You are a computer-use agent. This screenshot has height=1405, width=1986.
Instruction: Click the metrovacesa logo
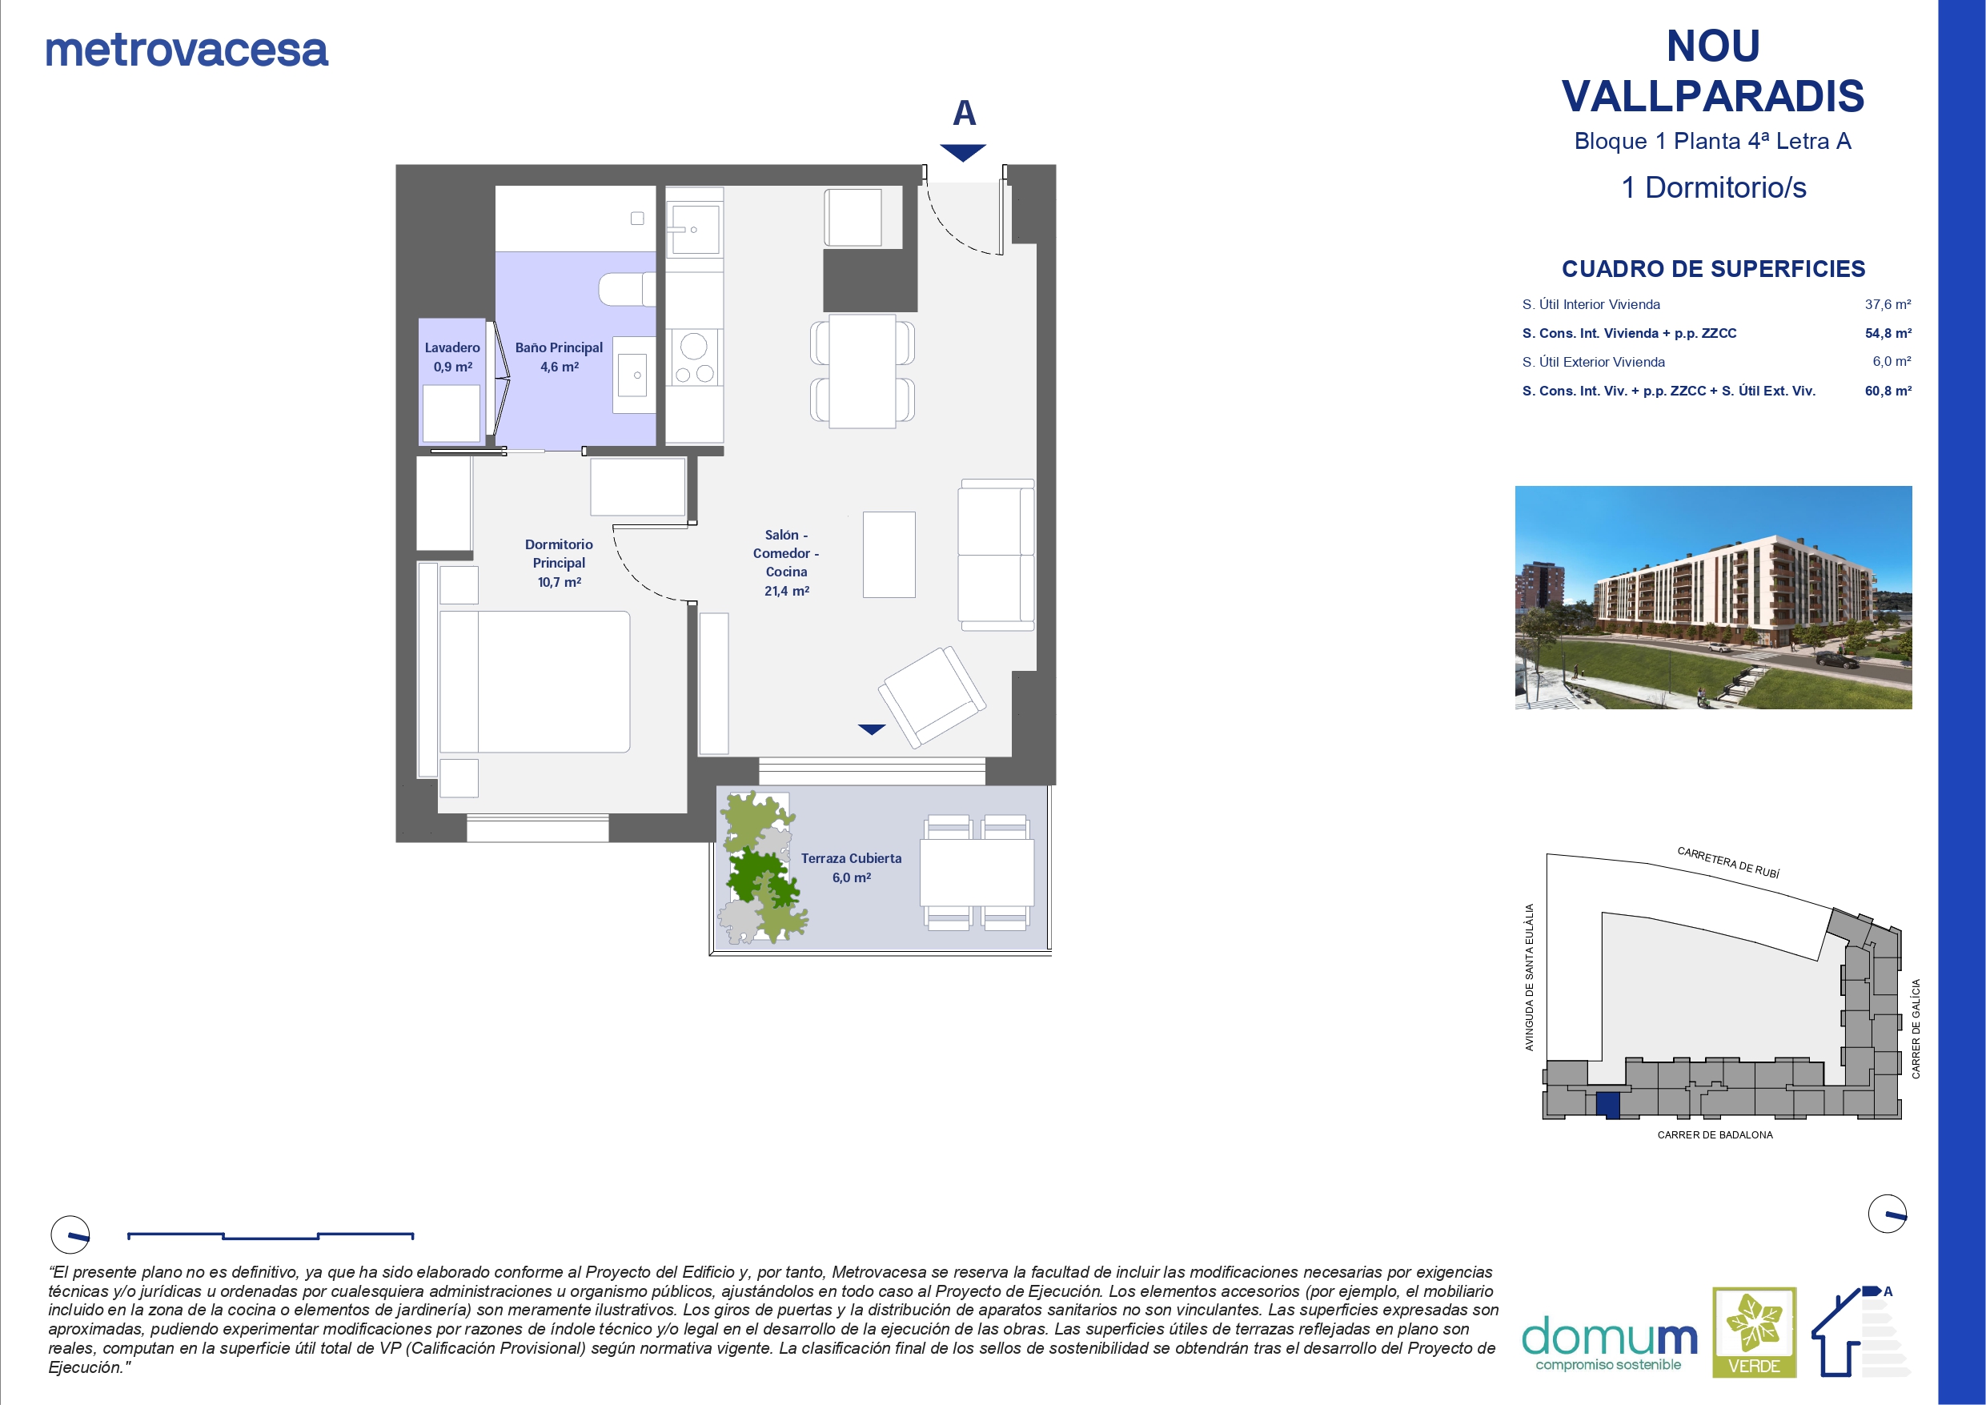(x=187, y=50)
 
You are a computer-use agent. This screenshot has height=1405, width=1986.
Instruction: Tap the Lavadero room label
(x=452, y=347)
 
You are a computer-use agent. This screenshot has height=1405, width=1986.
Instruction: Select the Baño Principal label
(x=559, y=347)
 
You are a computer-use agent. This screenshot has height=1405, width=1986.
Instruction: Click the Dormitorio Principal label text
(x=559, y=554)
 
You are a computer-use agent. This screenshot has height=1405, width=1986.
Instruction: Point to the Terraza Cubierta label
(x=851, y=858)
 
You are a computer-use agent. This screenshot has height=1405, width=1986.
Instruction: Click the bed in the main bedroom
(x=535, y=682)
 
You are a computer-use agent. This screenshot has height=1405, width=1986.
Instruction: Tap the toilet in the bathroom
(x=627, y=289)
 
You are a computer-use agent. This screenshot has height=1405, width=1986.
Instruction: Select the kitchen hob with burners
(x=695, y=357)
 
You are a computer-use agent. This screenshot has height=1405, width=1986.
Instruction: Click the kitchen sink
(x=694, y=229)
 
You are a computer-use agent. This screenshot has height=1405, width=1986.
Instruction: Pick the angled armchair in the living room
(x=932, y=696)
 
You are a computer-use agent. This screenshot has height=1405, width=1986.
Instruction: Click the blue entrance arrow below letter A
(x=963, y=153)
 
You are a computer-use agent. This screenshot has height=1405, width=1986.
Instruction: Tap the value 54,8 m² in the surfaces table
(x=1888, y=333)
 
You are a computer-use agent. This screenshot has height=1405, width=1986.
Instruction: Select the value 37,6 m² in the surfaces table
(x=1888, y=304)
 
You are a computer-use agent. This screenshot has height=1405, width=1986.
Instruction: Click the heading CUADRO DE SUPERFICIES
(x=1714, y=269)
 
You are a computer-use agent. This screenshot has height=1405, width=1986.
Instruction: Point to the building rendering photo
(x=1714, y=598)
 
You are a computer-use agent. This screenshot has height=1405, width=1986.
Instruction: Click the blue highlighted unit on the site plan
(x=1607, y=1106)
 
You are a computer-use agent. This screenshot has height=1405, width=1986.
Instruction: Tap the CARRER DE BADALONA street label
(x=1715, y=1135)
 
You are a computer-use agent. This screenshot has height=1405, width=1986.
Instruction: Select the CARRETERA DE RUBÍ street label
(x=1728, y=862)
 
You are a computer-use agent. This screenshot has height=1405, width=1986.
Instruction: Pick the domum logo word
(x=1610, y=1337)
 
